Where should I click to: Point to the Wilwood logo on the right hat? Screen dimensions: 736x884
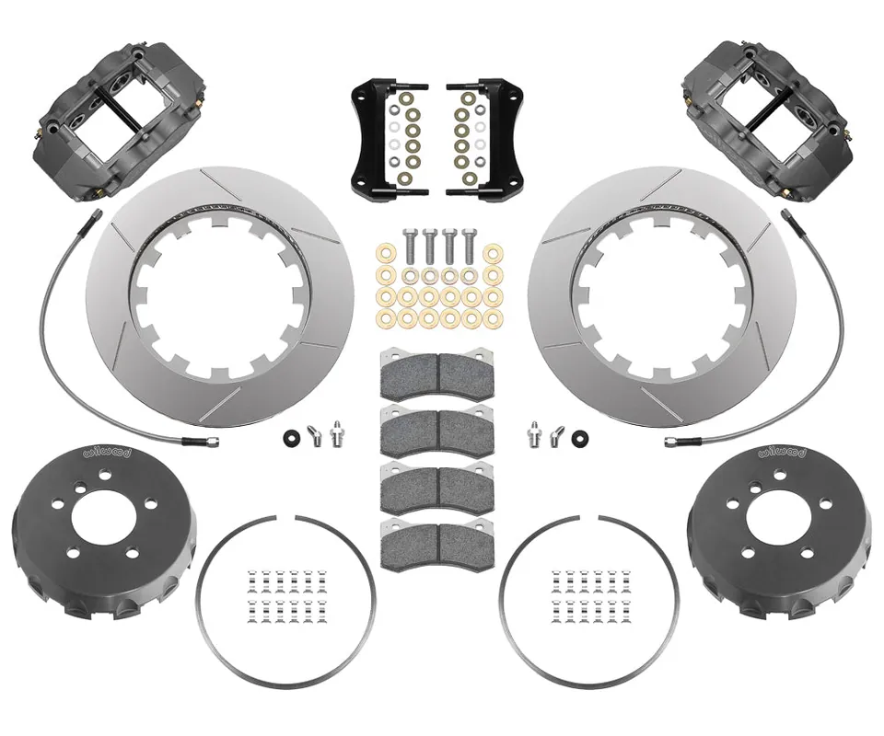click(x=783, y=452)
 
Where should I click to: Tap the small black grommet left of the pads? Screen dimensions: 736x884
click(x=293, y=435)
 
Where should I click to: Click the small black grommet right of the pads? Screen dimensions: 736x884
click(x=579, y=435)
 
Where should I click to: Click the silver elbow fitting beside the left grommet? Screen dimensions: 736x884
click(x=314, y=432)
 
